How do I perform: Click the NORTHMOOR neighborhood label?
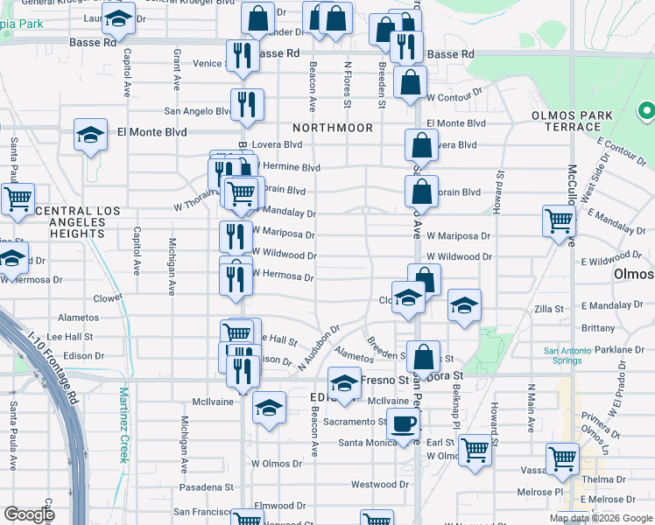point(333,128)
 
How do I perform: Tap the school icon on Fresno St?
point(344,383)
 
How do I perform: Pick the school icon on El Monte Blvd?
point(90,135)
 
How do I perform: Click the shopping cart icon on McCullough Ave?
point(559,220)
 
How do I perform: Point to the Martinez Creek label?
point(124,425)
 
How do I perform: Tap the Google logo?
point(29,514)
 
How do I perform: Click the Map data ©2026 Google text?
point(601,518)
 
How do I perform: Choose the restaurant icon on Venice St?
point(241,55)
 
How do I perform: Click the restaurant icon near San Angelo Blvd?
point(247,104)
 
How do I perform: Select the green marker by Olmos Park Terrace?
point(646,111)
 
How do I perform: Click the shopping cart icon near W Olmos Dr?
point(475,450)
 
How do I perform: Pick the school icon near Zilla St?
point(464,305)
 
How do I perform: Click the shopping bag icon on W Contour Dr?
point(410,83)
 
